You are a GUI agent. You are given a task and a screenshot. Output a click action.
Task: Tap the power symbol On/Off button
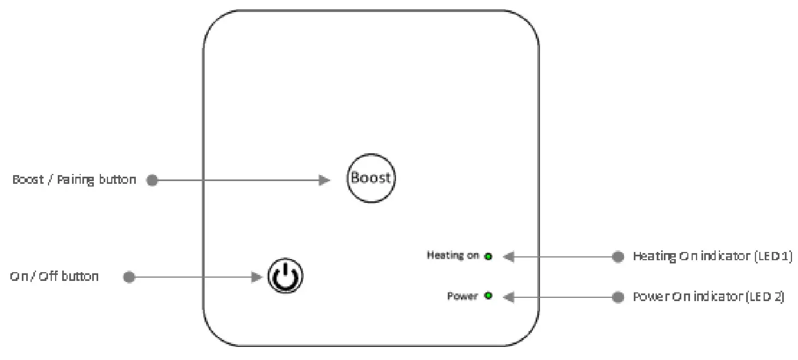tap(285, 277)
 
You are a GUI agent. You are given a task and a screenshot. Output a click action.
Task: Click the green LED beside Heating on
tap(488, 256)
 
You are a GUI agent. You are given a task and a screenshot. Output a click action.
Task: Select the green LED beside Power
tap(488, 296)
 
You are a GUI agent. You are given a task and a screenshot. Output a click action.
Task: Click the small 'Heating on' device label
tap(453, 255)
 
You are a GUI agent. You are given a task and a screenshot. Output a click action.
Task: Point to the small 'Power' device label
tap(463, 296)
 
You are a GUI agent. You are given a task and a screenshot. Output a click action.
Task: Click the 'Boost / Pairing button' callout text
tap(74, 180)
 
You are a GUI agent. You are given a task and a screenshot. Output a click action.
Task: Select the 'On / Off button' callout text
tap(55, 277)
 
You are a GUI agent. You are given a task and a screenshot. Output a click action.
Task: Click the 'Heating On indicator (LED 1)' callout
tap(712, 256)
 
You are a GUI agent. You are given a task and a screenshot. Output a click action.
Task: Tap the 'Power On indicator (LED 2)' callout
tap(708, 297)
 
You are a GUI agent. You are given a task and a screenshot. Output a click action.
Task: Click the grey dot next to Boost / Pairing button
tap(153, 181)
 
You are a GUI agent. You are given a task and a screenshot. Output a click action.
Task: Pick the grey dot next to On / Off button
tap(129, 277)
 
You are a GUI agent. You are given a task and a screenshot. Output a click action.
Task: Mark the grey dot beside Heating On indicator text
tap(617, 256)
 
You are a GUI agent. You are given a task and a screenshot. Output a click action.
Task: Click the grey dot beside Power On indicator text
tap(617, 297)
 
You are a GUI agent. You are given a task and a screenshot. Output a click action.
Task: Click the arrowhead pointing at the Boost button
tap(325, 181)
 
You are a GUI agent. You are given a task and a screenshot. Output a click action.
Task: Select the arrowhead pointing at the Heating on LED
tap(508, 256)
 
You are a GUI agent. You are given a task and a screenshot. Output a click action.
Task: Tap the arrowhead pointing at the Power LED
tap(508, 297)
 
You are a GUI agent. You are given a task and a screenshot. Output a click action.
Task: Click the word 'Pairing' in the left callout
tap(76, 180)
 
